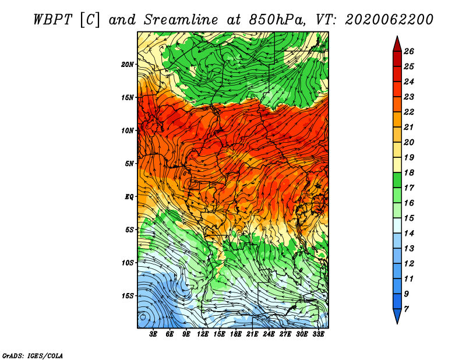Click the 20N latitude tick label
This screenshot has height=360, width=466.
pos(127,65)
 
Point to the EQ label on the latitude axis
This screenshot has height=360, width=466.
pos(129,197)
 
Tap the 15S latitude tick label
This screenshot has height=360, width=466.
pos(127,296)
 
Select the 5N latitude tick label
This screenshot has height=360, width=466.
pos(129,164)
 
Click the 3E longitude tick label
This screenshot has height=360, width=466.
pos(153,334)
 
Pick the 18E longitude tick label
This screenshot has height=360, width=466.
pos(236,334)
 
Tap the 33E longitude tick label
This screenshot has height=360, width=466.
pos(318,334)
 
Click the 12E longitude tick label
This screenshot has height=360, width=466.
pos(203,334)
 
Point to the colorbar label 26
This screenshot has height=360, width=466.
pos(409,52)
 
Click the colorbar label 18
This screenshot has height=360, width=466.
pos(409,173)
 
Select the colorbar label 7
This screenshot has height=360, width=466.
pos(406,309)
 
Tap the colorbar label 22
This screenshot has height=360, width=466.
pos(409,112)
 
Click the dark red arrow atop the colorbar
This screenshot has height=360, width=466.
pos(397,44)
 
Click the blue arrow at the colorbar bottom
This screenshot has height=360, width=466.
pos(397,316)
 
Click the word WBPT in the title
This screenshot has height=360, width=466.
pos(53,20)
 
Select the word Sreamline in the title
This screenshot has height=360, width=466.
pos(181,20)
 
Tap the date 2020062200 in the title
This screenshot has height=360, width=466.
pos(389,20)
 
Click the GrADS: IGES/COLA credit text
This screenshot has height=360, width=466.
pos(33,356)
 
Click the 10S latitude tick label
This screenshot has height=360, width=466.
pos(127,263)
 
